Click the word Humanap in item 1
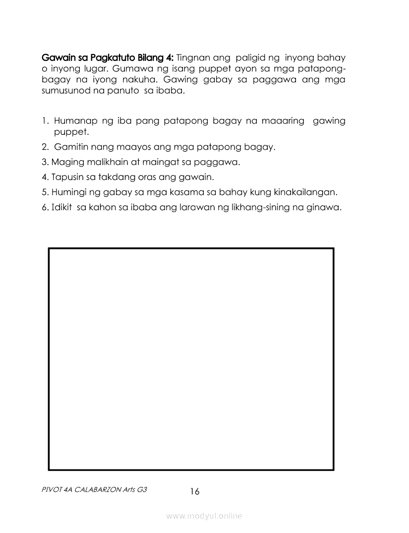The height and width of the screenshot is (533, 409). point(75,121)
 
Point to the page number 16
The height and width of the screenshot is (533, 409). point(194,491)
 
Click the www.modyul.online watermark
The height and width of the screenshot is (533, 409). point(204,516)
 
